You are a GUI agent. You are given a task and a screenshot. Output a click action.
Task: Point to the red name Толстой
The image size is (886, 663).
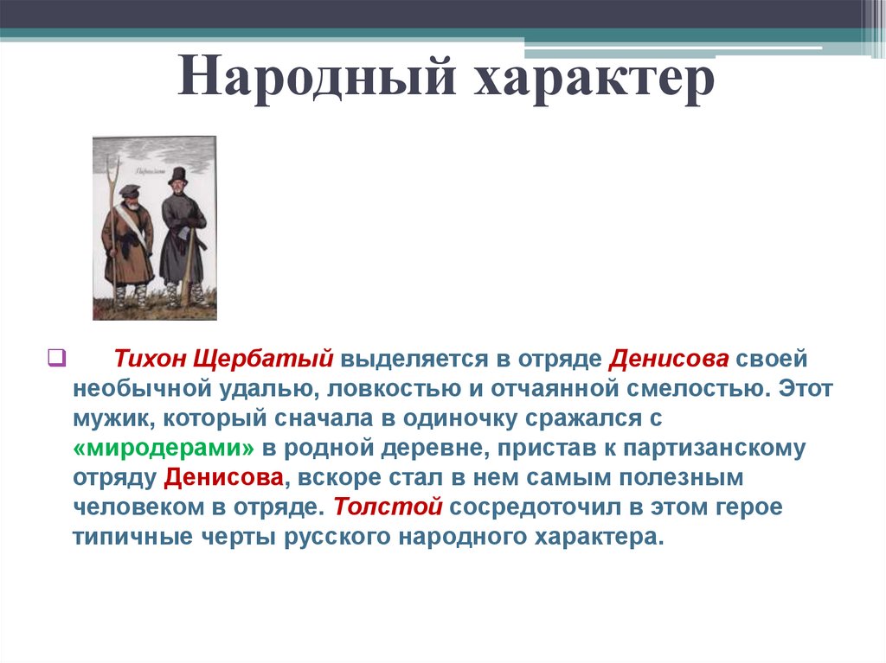(x=388, y=507)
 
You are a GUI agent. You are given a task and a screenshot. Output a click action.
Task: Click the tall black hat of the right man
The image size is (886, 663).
(x=177, y=175)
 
